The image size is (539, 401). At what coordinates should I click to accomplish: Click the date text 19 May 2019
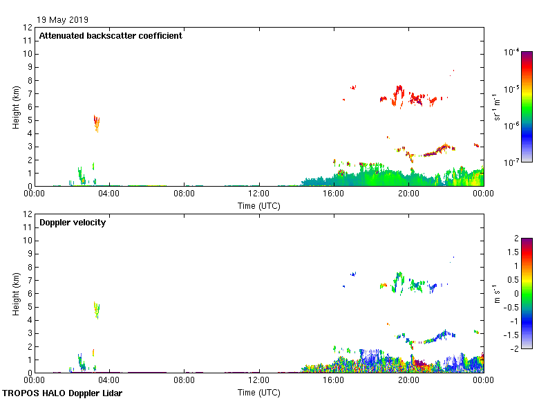coord(63,20)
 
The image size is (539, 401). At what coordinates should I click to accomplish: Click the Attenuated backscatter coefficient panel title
coord(111,36)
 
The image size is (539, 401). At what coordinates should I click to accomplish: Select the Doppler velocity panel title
coord(72,223)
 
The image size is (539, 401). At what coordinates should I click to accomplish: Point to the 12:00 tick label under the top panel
coord(258,194)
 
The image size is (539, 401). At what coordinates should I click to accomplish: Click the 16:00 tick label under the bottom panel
coord(333,380)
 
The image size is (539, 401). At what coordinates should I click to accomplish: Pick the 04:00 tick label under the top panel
coord(109,194)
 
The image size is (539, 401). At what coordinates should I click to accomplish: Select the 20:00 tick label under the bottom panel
coord(408,380)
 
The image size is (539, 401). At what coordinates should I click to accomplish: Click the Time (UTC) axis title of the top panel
coord(258,206)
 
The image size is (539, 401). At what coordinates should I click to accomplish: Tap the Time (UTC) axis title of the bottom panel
coord(258,393)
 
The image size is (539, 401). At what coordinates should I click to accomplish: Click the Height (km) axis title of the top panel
coord(15,107)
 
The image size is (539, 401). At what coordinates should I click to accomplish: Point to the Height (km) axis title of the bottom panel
coord(15,294)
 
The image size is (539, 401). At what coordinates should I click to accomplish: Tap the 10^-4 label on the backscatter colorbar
coord(512,52)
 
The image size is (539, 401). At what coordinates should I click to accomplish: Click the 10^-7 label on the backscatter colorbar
coord(512,162)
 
